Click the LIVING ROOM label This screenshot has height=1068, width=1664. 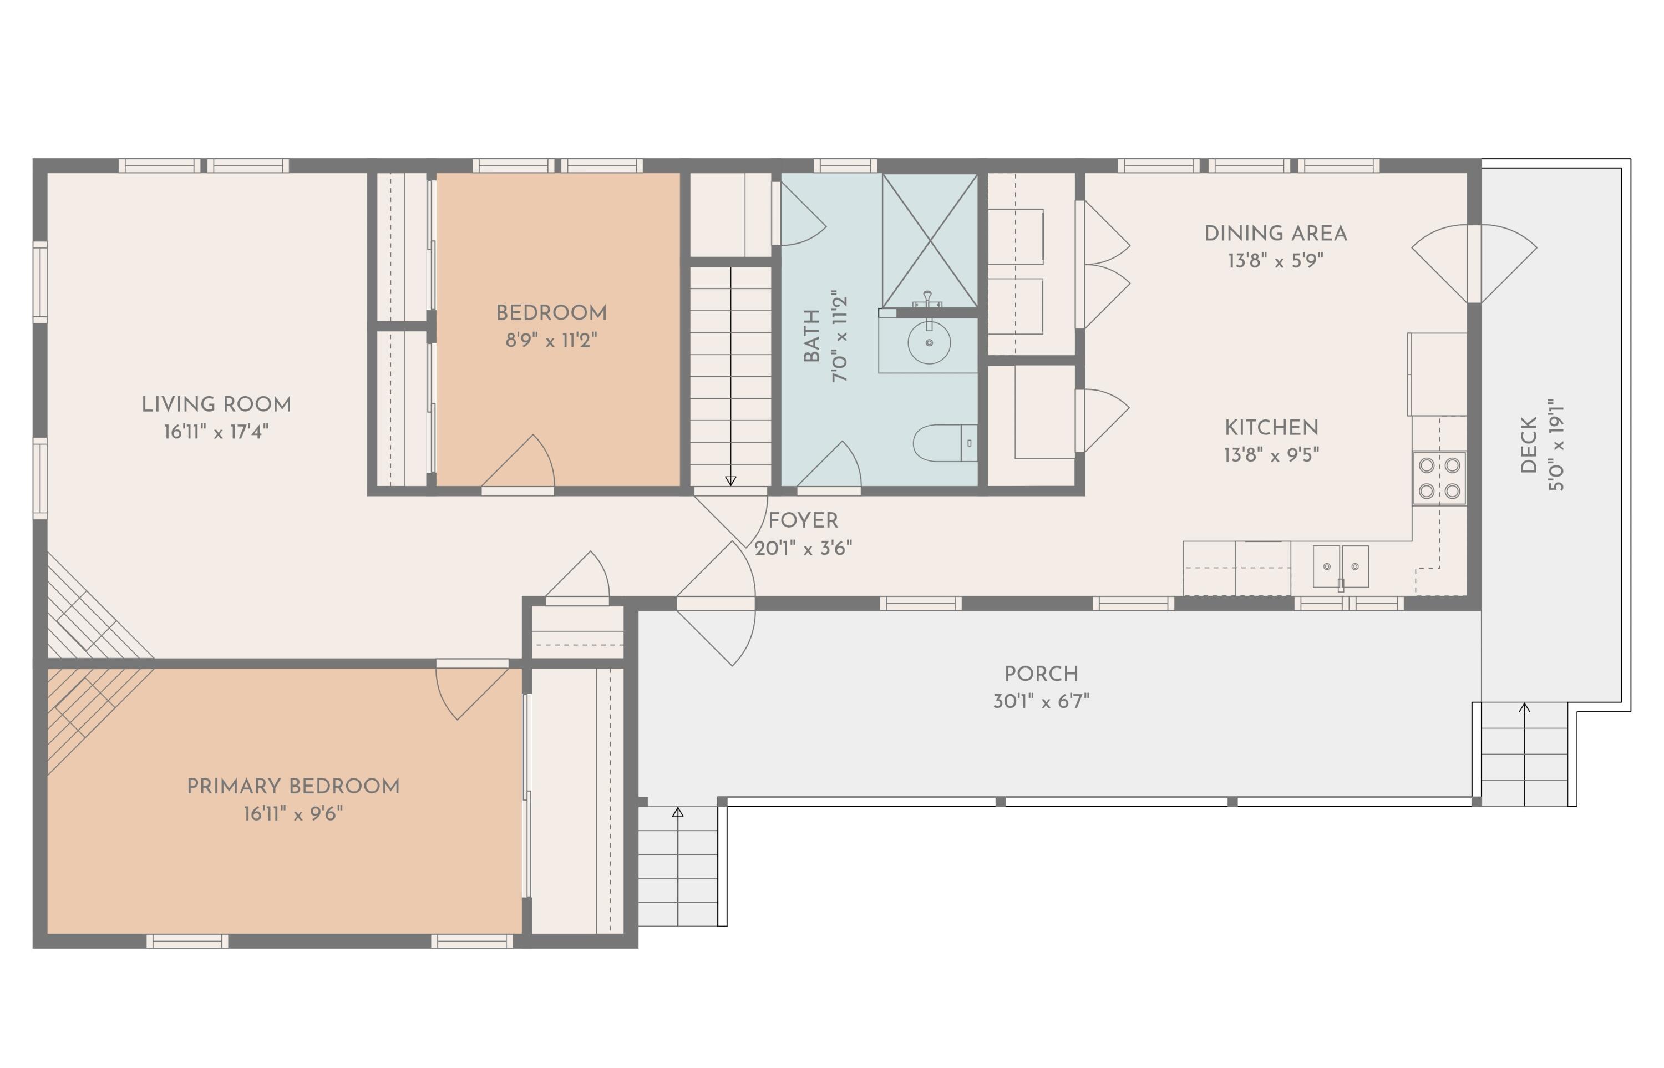tap(216, 404)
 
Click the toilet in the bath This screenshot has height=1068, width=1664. tap(943, 443)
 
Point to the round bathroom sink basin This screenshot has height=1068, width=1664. tap(929, 343)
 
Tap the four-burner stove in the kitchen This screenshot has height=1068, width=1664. tap(1439, 478)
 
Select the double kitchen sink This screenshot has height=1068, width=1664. tap(1340, 566)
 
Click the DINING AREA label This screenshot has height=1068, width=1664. tap(1276, 234)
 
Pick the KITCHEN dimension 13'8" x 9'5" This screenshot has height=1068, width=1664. tap(1271, 455)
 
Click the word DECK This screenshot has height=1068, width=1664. tap(1528, 444)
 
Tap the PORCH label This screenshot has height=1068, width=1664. tap(1041, 674)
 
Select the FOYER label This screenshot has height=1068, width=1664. tap(803, 520)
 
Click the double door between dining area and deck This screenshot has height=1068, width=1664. tap(1474, 264)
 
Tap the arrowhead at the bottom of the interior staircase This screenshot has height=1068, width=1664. tap(730, 480)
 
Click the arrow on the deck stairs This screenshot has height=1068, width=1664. tap(1524, 708)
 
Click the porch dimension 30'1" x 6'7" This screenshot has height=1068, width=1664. tap(1041, 701)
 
